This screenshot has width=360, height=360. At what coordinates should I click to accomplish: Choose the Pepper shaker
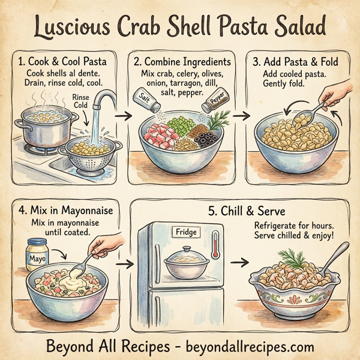click(x=214, y=103)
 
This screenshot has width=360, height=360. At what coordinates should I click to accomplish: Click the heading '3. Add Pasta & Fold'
click(x=295, y=62)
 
